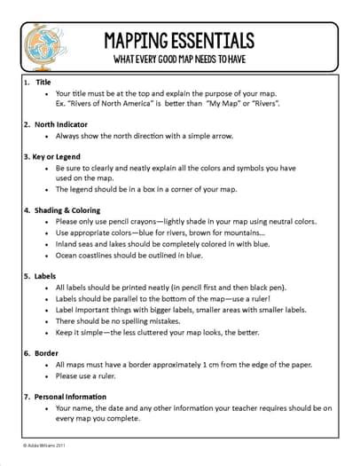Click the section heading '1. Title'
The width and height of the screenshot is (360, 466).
pyautogui.click(x=36, y=81)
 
